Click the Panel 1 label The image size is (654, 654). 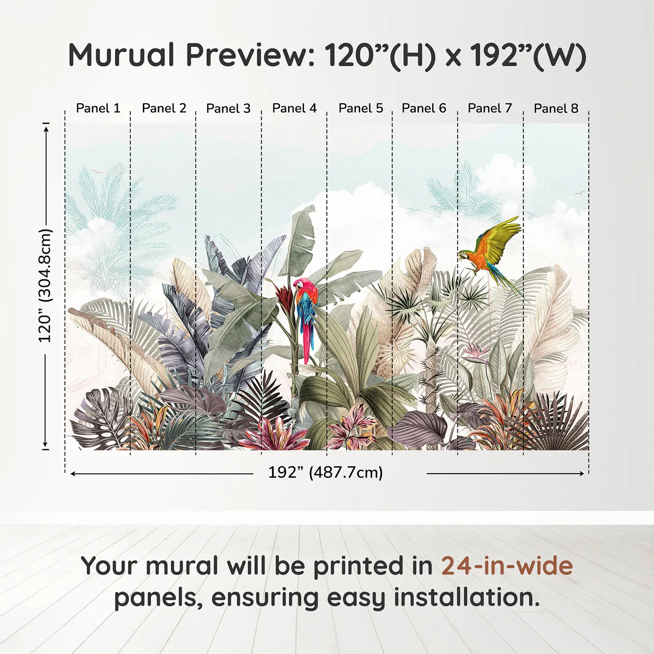[x=98, y=108]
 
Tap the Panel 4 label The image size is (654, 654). [x=294, y=108]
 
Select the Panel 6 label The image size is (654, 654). [x=424, y=108]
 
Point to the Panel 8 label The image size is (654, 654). [x=556, y=108]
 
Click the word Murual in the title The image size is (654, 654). [x=121, y=55]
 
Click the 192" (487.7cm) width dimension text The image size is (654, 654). [x=326, y=472]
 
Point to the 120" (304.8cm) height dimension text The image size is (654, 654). [x=45, y=286]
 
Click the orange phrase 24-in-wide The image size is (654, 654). [x=507, y=566]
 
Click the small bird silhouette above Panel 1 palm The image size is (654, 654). [x=97, y=172]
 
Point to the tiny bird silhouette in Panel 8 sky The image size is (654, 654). [x=580, y=193]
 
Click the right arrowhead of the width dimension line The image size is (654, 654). [x=582, y=474]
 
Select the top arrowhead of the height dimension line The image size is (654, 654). [x=46, y=128]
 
